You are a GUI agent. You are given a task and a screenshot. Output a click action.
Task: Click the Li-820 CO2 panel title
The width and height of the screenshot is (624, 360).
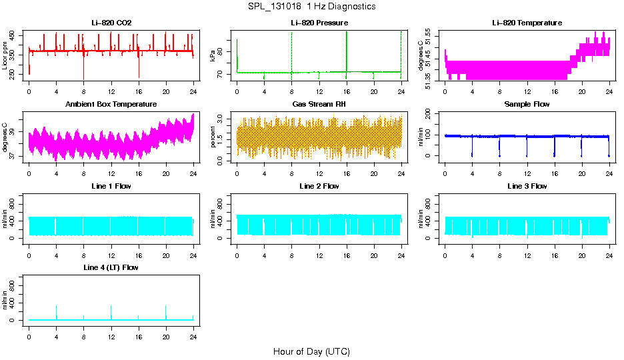[x=111, y=23]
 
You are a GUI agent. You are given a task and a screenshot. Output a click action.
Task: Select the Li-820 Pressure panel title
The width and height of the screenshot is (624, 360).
[x=319, y=23]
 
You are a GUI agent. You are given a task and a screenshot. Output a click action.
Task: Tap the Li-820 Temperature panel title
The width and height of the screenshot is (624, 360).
[x=527, y=23]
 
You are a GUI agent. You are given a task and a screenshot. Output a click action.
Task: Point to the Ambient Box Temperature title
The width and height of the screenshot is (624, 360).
[x=111, y=105]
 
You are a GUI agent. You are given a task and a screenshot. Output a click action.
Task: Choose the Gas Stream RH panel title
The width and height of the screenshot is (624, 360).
[x=319, y=105]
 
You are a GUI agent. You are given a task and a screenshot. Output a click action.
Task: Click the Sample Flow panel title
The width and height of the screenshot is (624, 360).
[x=527, y=105]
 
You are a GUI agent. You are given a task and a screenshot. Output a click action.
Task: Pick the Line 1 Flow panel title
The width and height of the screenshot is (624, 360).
[x=111, y=186]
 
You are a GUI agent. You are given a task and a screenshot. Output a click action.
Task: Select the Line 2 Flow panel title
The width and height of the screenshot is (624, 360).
[x=319, y=186]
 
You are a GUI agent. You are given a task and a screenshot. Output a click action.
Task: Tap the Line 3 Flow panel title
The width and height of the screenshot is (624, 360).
[x=527, y=186]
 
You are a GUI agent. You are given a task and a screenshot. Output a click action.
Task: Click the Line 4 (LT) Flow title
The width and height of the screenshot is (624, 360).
[x=111, y=267]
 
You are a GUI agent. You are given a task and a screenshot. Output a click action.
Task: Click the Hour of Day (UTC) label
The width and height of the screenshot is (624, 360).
[x=311, y=351]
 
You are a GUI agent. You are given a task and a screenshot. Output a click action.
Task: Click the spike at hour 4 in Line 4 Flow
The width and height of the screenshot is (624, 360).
[x=56, y=310]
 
